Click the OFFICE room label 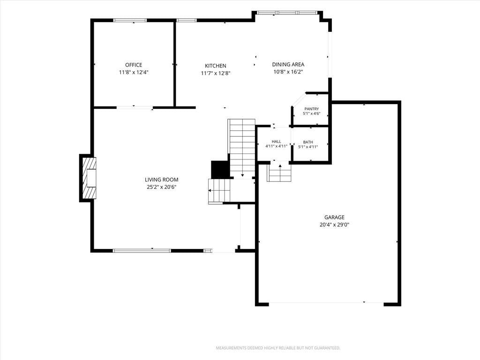coord(134,65)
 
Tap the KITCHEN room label coord(216,66)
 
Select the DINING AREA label coord(288,64)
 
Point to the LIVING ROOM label coord(161,180)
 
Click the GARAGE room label coord(334,217)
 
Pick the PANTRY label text coord(311,109)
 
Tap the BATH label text coord(308,142)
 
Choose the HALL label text coord(276,142)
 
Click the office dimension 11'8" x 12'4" coord(134,73)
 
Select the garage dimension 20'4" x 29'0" coord(334,225)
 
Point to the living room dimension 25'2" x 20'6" coord(161,187)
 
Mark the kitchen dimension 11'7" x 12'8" coord(216,73)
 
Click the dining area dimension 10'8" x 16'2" coord(288,72)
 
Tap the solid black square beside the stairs coord(220,169)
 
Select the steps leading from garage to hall coord(279,173)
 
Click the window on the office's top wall coord(130,21)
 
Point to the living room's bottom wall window coord(142,251)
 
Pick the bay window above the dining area coord(287,13)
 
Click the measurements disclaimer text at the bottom coord(278,348)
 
